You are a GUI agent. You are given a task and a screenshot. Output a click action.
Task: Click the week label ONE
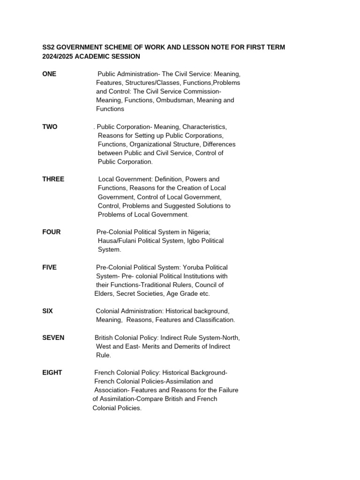click(x=49, y=74)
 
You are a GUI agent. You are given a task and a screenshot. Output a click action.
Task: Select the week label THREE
click(x=53, y=179)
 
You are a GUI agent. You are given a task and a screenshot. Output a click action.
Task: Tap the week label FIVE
click(x=49, y=267)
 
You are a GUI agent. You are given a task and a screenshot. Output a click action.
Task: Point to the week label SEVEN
click(x=53, y=337)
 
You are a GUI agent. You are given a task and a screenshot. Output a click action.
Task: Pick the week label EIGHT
click(x=52, y=373)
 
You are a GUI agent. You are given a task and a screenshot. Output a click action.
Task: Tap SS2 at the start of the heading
click(x=48, y=47)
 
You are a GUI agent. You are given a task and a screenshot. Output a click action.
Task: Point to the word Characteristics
click(x=204, y=127)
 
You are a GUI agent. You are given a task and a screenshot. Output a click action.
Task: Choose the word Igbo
click(x=181, y=241)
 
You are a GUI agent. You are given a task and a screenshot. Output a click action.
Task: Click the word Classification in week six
click(x=213, y=320)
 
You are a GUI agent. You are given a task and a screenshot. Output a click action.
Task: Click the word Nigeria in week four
click(x=199, y=232)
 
